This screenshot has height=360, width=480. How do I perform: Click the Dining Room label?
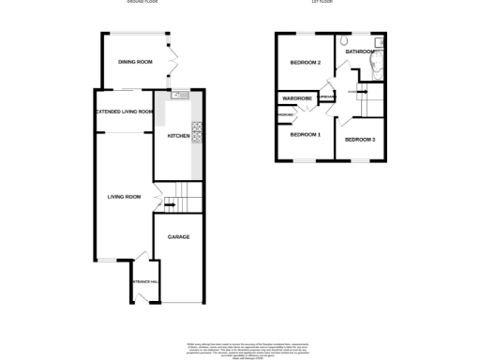[x=135, y=62]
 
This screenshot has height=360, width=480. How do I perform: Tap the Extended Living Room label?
[x=124, y=112]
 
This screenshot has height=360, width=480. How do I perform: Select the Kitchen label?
[x=178, y=137]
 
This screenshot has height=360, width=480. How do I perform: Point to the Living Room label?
[x=124, y=197]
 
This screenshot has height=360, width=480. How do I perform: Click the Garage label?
[x=178, y=237]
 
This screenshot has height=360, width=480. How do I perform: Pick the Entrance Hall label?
[x=144, y=281]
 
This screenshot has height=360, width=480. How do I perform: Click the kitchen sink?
[x=179, y=95]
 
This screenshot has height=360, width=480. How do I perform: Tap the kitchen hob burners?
[x=197, y=132]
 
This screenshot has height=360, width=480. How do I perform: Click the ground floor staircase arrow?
[x=168, y=202]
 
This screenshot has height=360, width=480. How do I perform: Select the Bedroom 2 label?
[x=306, y=63]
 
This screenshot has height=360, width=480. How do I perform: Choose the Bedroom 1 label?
[x=305, y=136]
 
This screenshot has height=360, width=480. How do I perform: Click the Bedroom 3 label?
[x=359, y=140]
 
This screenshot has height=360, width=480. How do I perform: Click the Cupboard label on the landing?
[x=327, y=97]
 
